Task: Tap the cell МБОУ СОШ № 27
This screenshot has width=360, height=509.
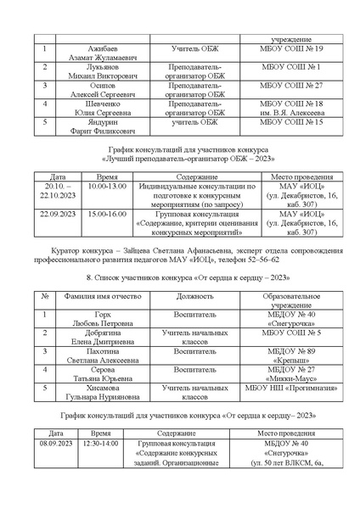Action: [284, 87]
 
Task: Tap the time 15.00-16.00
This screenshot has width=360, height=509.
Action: [106, 215]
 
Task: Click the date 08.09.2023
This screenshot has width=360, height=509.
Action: [57, 443]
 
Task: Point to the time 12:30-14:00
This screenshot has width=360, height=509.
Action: [100, 443]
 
